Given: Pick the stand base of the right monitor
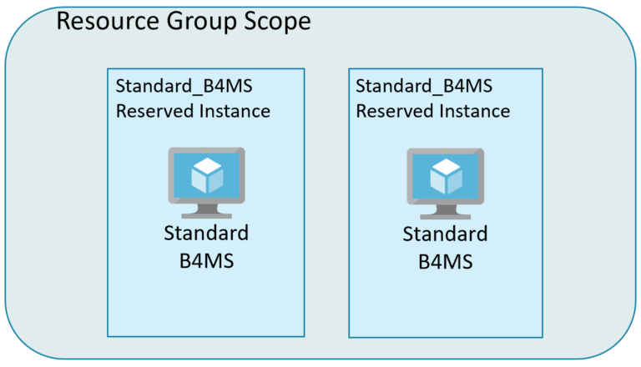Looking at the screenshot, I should [445, 213].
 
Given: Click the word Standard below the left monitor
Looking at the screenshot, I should [206, 232].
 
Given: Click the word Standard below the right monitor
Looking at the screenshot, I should [445, 234].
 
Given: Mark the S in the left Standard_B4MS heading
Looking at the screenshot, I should [120, 87].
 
